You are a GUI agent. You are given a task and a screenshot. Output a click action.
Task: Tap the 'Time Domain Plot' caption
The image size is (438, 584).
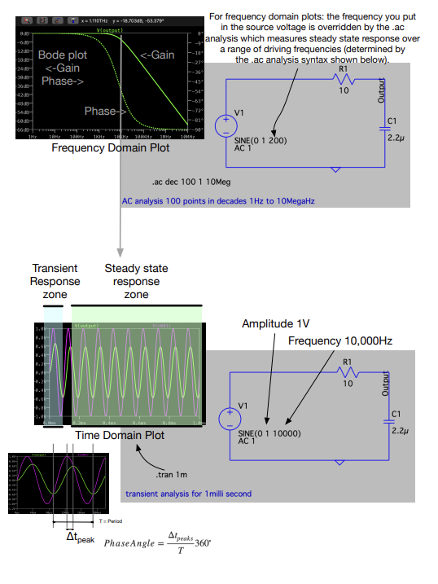[x=120, y=436]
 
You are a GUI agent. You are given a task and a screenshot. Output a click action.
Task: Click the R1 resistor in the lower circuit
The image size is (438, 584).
[x=348, y=374]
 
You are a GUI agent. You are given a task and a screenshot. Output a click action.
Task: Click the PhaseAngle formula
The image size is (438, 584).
[x=156, y=542]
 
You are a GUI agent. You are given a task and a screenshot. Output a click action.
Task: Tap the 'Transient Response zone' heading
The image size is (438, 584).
[x=55, y=281]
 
